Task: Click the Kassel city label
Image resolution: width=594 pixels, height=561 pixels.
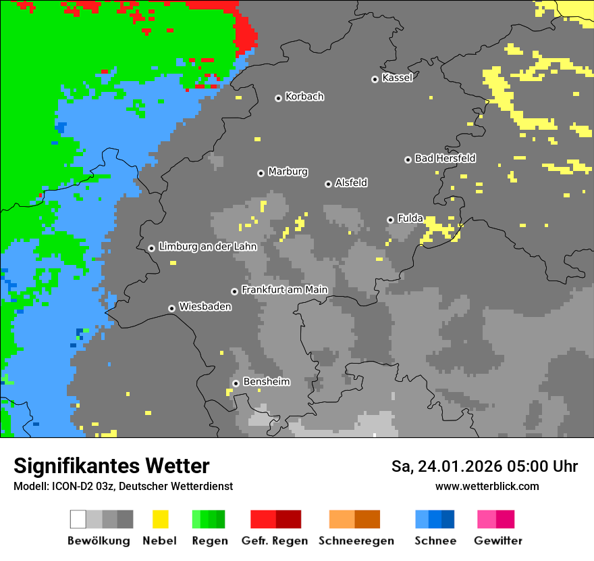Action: [397, 78]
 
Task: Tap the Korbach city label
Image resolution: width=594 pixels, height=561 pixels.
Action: [304, 97]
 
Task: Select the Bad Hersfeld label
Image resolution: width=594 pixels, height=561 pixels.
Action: [445, 158]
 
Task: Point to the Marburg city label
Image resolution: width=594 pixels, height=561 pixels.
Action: [288, 172]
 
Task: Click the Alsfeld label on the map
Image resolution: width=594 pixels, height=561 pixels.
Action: [351, 182]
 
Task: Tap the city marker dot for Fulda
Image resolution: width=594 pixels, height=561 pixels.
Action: [390, 220]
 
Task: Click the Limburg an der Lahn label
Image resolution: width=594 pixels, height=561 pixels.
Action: [207, 247]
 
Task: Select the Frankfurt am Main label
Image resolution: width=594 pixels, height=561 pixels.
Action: [284, 290]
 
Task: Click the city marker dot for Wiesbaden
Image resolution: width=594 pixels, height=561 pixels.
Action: [172, 308]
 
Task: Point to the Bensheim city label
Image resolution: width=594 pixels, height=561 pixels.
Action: [266, 382]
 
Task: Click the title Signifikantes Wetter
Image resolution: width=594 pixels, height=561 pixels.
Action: [111, 466]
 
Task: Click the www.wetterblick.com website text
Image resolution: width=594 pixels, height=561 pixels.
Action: [487, 486]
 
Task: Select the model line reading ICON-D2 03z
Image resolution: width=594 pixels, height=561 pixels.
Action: [123, 486]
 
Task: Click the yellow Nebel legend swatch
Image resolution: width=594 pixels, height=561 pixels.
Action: [160, 519]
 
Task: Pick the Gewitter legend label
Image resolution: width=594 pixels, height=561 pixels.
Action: [498, 541]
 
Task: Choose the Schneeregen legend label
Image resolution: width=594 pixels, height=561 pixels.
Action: [356, 541]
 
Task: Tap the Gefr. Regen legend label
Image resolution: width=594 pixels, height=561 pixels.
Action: [275, 541]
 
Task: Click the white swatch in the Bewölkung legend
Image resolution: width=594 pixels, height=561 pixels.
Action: [78, 519]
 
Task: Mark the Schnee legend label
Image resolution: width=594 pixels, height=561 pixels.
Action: [435, 541]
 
